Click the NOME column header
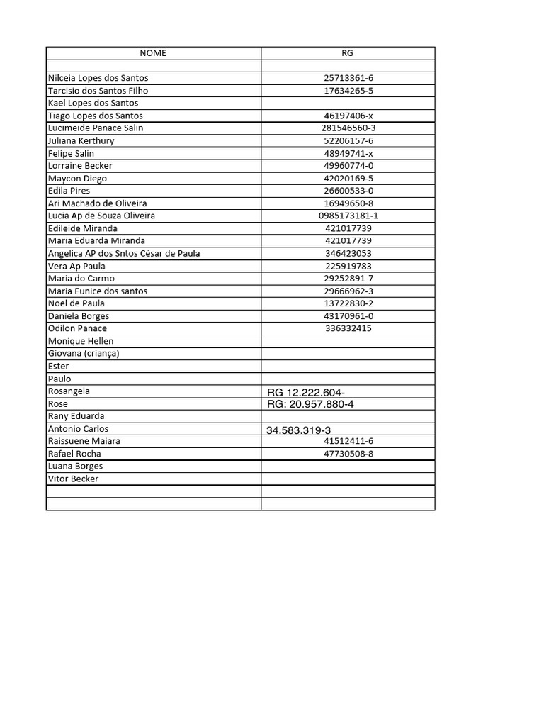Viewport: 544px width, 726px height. point(153,53)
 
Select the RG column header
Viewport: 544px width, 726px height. point(347,53)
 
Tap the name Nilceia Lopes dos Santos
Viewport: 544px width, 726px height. point(98,78)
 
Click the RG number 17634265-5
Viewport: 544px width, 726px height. point(348,91)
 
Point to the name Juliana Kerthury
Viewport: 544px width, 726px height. point(81,140)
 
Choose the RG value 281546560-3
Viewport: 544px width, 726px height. point(348,128)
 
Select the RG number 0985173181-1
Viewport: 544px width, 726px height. point(348,216)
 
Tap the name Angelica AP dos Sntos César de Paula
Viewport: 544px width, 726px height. point(124,253)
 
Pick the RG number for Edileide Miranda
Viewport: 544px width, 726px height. point(348,228)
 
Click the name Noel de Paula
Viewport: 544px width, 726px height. point(76,303)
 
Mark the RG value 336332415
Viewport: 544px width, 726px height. point(348,328)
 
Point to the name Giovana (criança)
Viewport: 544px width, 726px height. point(84,353)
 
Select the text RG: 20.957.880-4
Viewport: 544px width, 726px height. point(310,404)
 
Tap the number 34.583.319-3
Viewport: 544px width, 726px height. point(298,430)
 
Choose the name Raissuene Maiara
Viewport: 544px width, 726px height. point(84,441)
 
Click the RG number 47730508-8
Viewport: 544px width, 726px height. point(348,454)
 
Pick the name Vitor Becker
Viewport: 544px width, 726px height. point(73,479)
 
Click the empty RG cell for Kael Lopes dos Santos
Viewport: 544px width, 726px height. point(348,103)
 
